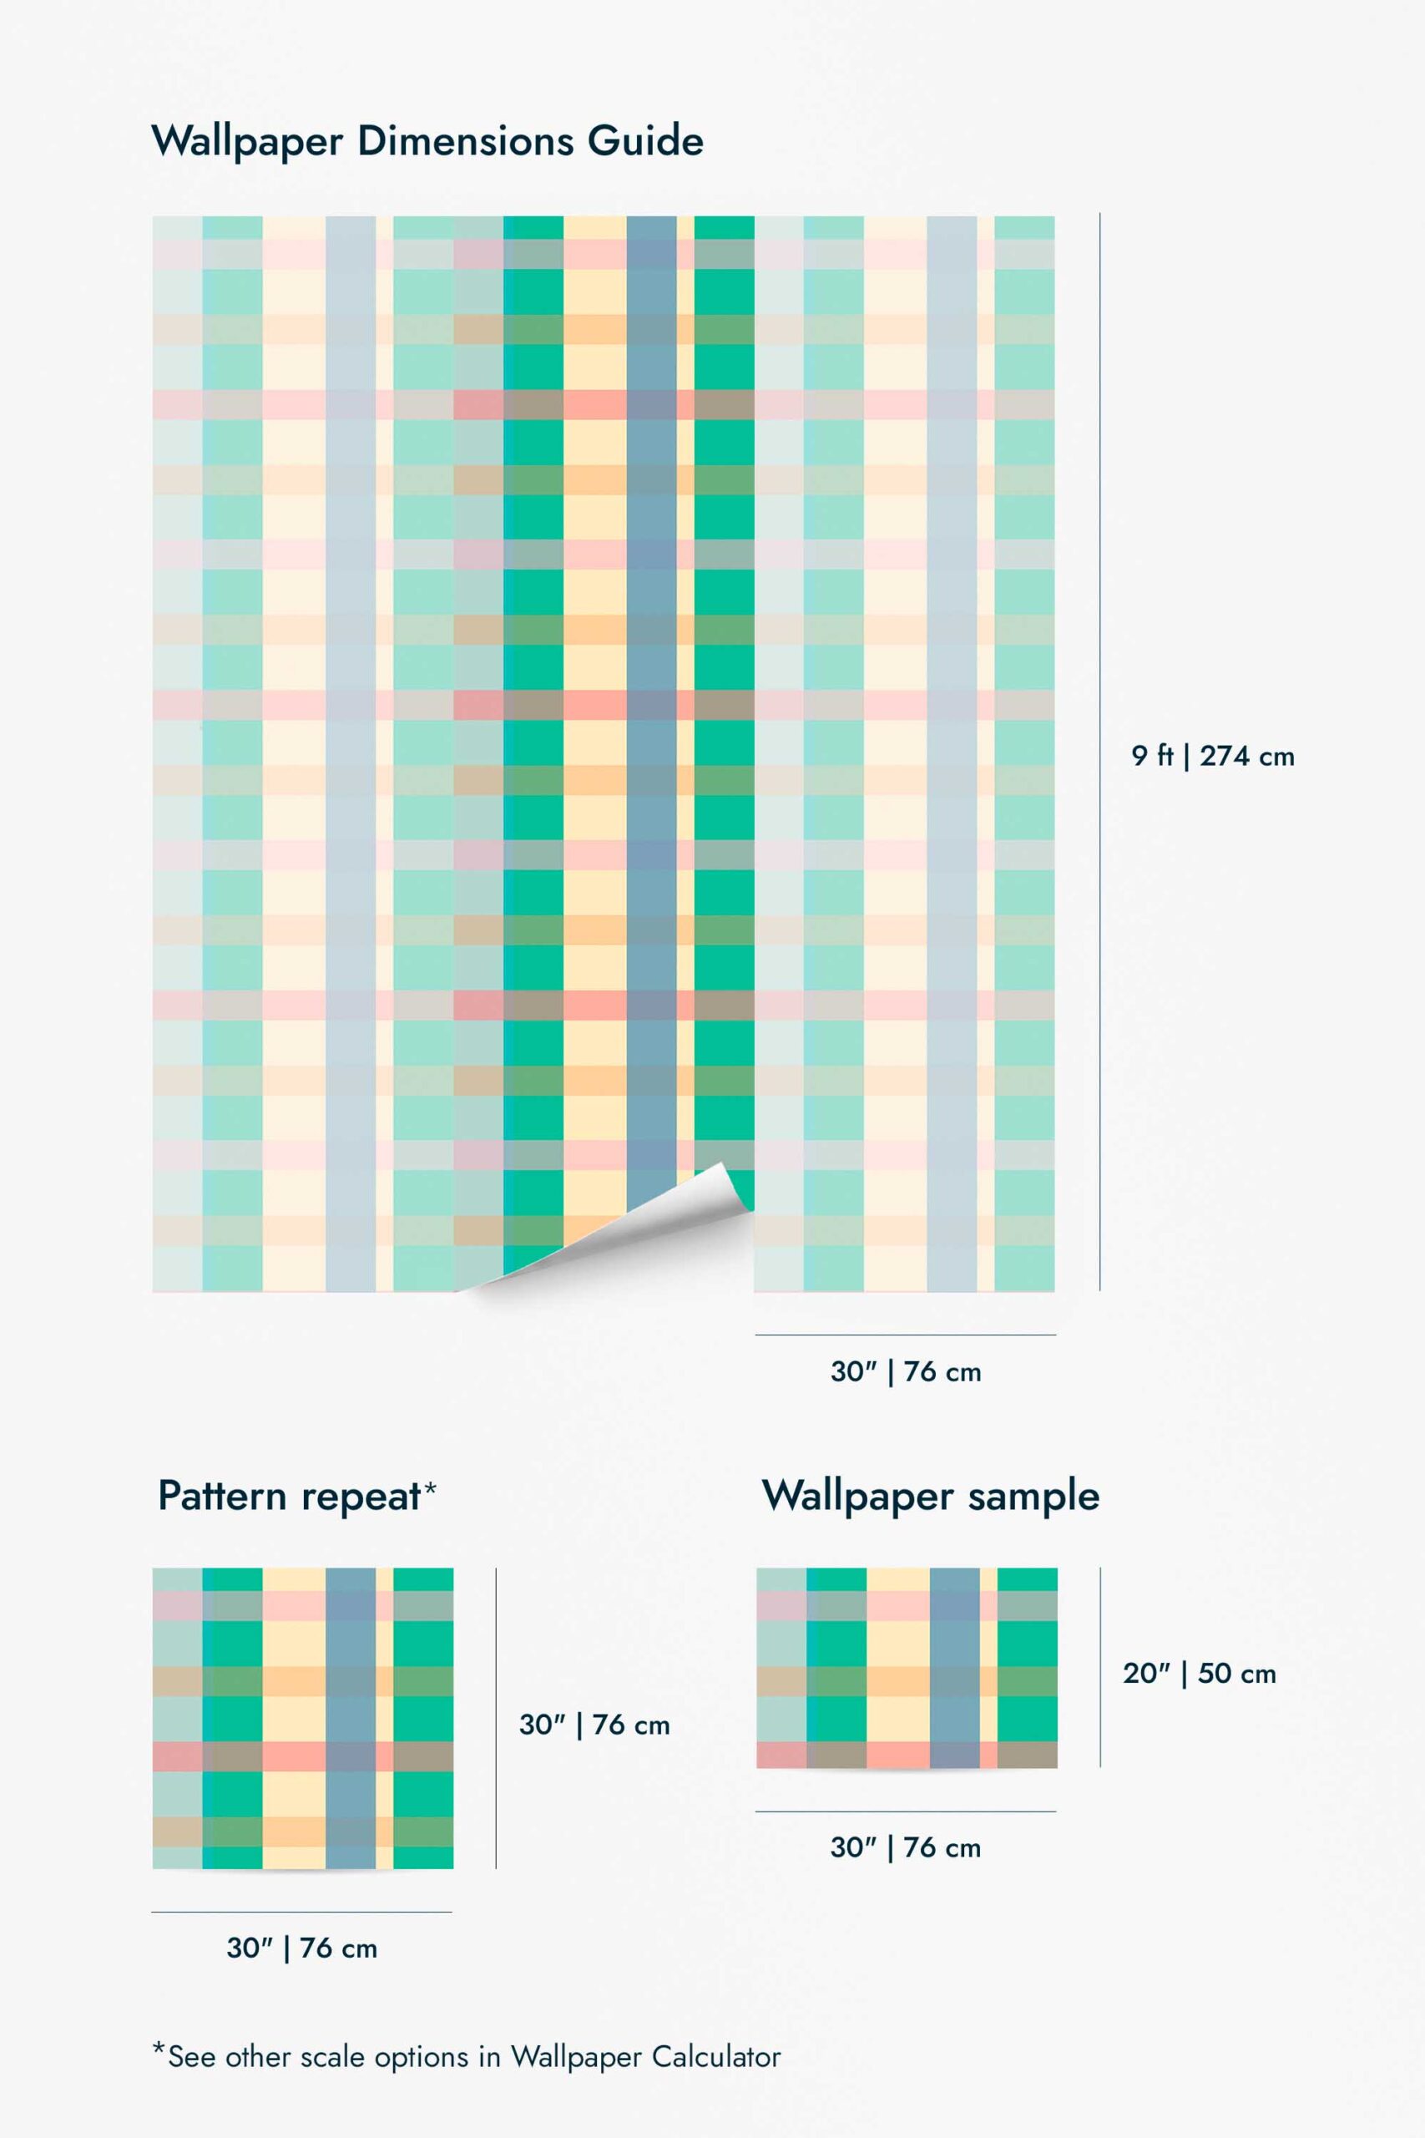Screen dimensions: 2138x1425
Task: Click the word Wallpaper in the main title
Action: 246,142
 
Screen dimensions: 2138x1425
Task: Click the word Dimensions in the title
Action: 466,142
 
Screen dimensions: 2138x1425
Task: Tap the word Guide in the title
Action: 645,142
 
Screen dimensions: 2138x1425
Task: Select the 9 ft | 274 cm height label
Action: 1212,757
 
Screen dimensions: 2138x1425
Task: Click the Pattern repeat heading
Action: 289,1497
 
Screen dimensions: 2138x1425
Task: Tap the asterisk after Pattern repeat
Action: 430,1487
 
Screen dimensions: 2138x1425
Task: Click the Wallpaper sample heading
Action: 930,1497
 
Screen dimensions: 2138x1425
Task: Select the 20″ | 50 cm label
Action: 1199,1674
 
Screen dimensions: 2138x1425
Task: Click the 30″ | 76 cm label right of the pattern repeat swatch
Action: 594,1725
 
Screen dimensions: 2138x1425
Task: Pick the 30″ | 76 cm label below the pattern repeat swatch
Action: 301,1948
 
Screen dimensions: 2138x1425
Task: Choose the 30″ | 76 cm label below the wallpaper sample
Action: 905,1847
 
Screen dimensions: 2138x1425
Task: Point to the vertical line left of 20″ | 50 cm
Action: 1100,1667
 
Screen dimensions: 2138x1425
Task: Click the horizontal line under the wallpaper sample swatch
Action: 905,1811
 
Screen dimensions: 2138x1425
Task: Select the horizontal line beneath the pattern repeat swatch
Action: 301,1912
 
